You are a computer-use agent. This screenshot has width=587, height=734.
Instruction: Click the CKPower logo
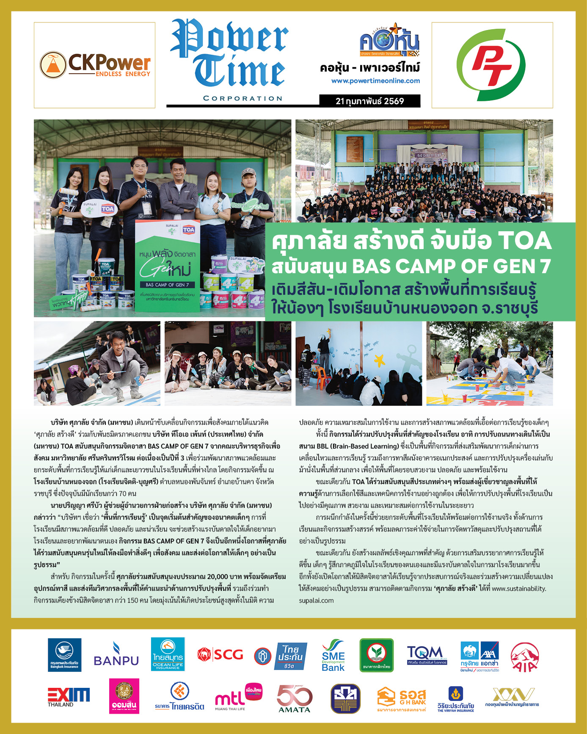95,65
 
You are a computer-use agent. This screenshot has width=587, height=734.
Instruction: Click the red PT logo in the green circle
492,65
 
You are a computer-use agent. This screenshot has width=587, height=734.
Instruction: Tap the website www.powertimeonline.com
375,80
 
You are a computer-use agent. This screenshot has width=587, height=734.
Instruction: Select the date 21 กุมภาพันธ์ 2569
369,101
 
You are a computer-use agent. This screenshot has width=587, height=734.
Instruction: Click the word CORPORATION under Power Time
243,98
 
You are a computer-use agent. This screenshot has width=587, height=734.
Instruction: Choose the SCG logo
220,655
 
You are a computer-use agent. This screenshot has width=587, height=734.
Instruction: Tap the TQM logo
427,655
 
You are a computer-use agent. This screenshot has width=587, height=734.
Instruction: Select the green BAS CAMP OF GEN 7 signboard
168,266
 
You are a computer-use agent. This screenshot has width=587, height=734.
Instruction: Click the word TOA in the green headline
525,241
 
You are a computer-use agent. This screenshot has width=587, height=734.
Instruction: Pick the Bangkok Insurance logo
64,655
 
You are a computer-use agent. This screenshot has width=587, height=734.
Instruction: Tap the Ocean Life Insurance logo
168,655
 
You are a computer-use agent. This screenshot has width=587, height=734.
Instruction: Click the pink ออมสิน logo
124,696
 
